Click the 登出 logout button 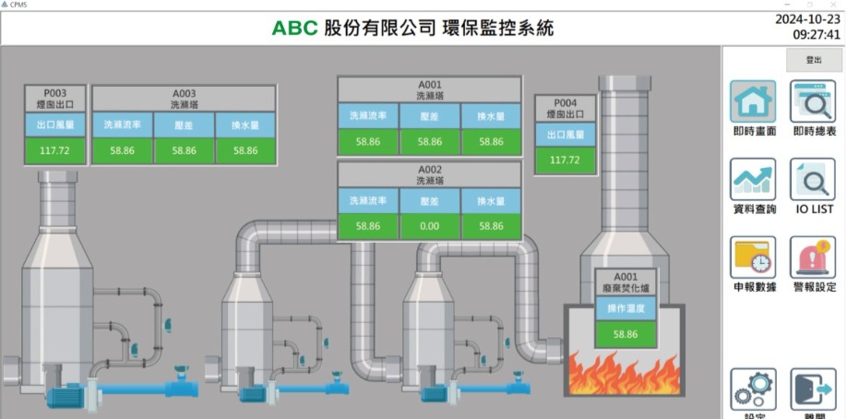click(813, 59)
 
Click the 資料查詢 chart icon click(753, 179)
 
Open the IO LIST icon click(813, 179)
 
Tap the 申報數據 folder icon click(753, 257)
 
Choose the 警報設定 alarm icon click(813, 257)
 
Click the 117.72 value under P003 click(55, 150)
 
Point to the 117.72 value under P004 click(565, 160)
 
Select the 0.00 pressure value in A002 click(430, 225)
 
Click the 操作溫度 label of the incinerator click(626, 308)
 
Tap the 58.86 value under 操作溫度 click(626, 334)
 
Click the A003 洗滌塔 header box click(185, 99)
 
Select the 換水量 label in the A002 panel click(492, 200)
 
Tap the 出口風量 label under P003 click(55, 125)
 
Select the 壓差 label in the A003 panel click(185, 125)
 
